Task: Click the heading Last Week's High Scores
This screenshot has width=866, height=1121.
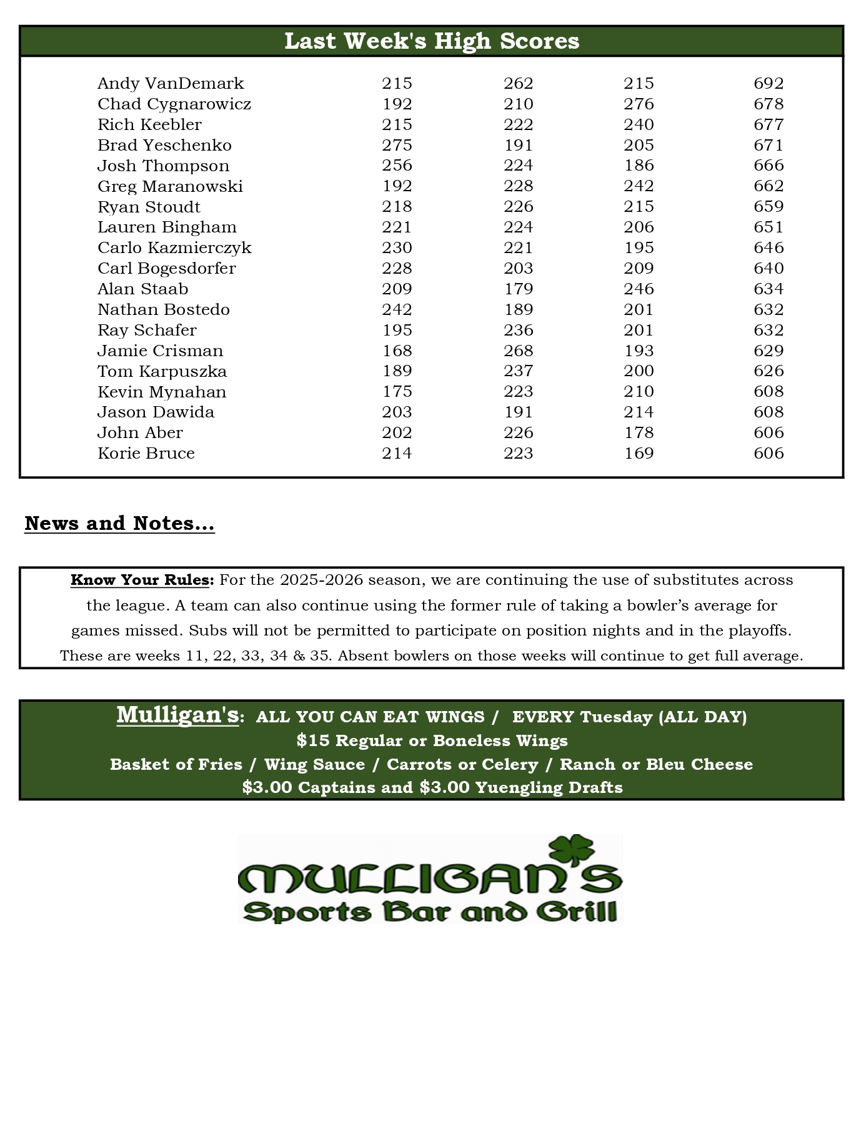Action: [432, 41]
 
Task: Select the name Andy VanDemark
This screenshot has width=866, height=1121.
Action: [171, 83]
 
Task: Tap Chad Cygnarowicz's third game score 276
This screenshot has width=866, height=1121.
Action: [639, 104]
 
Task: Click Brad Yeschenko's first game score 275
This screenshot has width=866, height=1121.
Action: [397, 145]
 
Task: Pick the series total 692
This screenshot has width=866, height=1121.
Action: [769, 83]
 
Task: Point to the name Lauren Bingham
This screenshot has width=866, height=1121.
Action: [167, 227]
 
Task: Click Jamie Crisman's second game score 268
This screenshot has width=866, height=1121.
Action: [518, 351]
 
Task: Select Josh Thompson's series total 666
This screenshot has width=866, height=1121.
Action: [769, 166]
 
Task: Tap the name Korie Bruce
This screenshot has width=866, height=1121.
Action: [146, 453]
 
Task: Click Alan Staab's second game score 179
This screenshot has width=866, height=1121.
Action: [518, 289]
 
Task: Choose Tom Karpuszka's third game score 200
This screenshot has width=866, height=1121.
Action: [639, 371]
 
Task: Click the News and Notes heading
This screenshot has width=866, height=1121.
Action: [119, 523]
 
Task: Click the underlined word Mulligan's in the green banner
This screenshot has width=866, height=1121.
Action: [177, 715]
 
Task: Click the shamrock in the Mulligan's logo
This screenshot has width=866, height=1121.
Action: [570, 850]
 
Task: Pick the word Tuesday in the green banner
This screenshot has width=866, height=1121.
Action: [616, 717]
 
